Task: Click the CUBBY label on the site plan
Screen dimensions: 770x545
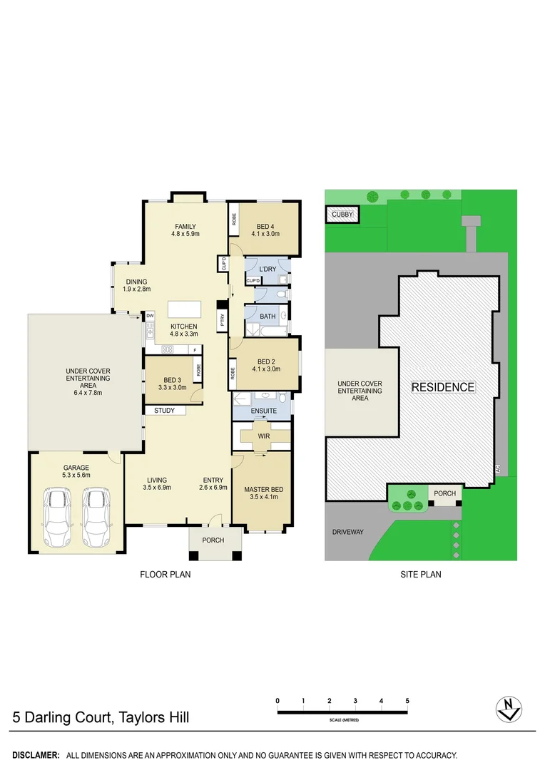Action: click(342, 214)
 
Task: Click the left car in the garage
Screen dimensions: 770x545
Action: click(58, 510)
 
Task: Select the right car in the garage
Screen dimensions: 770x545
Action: click(96, 510)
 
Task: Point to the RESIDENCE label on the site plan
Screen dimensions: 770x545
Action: click(442, 387)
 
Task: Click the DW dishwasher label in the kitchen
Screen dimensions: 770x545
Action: click(150, 315)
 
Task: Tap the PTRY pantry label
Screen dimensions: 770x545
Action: click(223, 319)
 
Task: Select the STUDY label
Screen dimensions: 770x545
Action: click(164, 411)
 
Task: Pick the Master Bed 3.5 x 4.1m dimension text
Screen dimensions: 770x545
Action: click(263, 498)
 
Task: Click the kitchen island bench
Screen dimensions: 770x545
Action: click(185, 310)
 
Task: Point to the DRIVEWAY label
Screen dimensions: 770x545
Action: click(348, 532)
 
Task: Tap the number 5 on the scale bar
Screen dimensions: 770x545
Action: click(407, 702)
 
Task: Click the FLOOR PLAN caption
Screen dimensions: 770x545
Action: click(165, 574)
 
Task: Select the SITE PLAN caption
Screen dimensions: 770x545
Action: click(420, 574)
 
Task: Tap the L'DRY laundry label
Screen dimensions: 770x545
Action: click(268, 269)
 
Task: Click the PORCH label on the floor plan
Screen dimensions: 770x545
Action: click(213, 540)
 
